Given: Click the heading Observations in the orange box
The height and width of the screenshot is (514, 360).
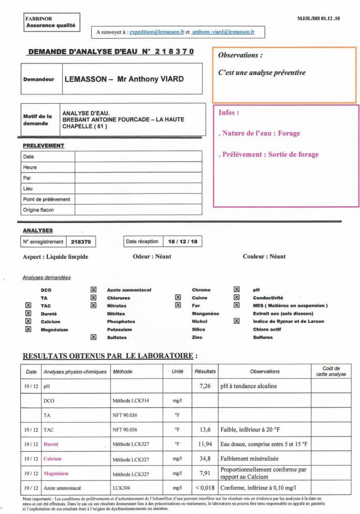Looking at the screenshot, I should (240, 55).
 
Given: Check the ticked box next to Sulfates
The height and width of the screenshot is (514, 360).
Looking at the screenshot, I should (94, 337).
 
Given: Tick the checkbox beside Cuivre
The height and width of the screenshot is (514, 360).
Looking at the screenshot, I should (178, 297).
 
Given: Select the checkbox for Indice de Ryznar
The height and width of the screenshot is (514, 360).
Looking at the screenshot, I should (236, 322).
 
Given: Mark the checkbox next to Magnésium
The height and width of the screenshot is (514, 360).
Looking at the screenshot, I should (28, 329).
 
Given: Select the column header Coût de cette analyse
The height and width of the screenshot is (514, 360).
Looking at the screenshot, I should (331, 371).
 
